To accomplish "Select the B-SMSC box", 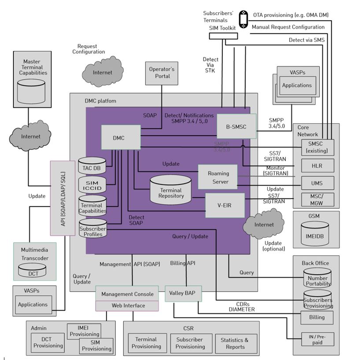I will (x=236, y=127).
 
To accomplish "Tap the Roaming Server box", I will (x=218, y=176).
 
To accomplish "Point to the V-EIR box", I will (x=225, y=205).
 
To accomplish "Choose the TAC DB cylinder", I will (x=92, y=165).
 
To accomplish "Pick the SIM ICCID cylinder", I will (x=92, y=185).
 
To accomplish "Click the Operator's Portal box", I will (x=162, y=73).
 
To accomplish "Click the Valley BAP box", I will (x=183, y=294).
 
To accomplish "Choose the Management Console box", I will (x=127, y=294).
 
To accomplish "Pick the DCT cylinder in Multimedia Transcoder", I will (x=33, y=270).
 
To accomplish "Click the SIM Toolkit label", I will (x=222, y=28).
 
